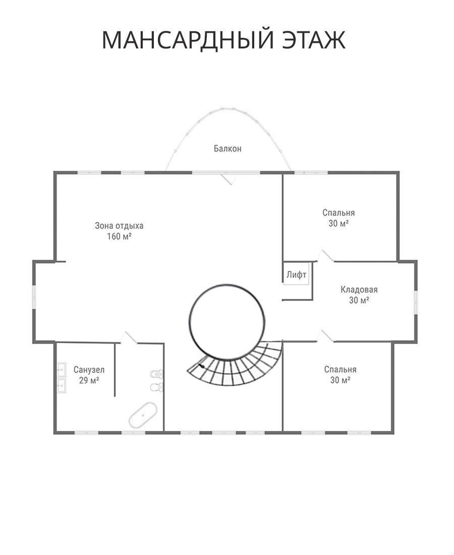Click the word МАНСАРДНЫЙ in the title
188,40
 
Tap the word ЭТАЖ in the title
314,40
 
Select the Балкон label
228,149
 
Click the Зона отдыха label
119,226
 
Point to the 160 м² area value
119,236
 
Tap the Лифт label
297,274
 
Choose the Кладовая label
359,290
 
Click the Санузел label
89,370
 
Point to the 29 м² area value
89,380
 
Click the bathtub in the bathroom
143,414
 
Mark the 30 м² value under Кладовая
359,300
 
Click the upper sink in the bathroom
62,370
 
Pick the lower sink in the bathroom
62,386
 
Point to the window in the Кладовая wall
416,302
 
